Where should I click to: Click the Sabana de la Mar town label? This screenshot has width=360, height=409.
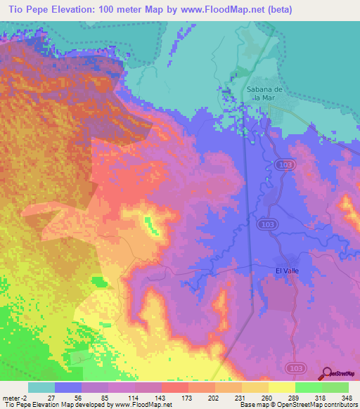(x=264, y=93)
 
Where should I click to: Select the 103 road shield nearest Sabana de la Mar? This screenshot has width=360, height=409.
(x=283, y=164)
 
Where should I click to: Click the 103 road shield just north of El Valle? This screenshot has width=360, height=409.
(x=266, y=223)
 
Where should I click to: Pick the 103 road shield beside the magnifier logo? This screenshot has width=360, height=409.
(x=296, y=368)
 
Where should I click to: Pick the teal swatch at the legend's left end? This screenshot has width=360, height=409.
(x=41, y=387)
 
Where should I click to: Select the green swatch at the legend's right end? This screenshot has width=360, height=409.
(x=335, y=387)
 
